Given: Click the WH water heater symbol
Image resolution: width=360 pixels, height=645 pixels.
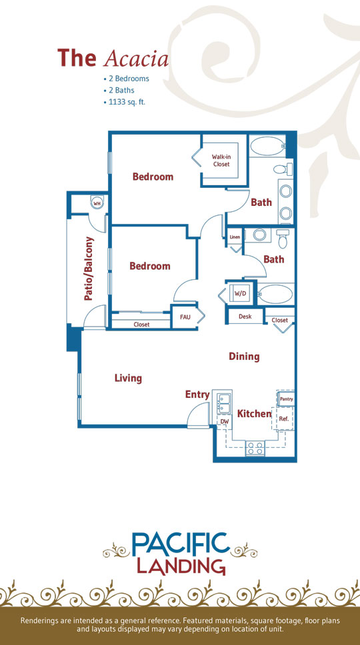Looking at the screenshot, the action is coord(97,203).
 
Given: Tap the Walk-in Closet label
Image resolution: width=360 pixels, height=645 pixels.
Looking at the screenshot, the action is coord(221,160).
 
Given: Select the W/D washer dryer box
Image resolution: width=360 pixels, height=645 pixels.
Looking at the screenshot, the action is coord(239,293).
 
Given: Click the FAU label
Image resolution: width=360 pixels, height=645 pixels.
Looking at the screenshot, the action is coord(184,318).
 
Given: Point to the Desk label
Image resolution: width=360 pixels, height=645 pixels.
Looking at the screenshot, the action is coord(245,317).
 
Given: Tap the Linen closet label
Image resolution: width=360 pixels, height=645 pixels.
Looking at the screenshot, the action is coord(235,237).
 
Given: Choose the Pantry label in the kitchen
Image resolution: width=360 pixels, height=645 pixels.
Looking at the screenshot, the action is coord(286,399).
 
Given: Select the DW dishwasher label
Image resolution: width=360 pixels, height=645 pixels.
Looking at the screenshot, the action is coord(224,422).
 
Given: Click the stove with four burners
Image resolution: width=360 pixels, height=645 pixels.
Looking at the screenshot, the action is coord(255,448).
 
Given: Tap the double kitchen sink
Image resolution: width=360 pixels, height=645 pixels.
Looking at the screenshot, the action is coord(224,403).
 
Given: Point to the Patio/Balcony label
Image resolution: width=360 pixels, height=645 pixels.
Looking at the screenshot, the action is coord(89,269).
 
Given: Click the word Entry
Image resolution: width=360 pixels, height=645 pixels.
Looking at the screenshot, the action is coord(197,394).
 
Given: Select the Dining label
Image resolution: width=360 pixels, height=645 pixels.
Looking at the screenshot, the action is coord(245,356).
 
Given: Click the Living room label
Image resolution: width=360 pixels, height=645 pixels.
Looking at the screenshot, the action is coord(129,378).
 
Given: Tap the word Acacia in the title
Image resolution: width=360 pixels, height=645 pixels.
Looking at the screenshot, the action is coord(137,59).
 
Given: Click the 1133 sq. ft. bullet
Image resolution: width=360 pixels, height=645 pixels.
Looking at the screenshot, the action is coord(126,101).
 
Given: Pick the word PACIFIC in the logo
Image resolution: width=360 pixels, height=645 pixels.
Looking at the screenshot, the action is coord(180,544).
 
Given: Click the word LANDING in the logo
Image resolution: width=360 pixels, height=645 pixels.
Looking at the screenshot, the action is coord(181,566).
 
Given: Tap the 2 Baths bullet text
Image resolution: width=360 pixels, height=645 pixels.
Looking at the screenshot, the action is coord(121,90).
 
